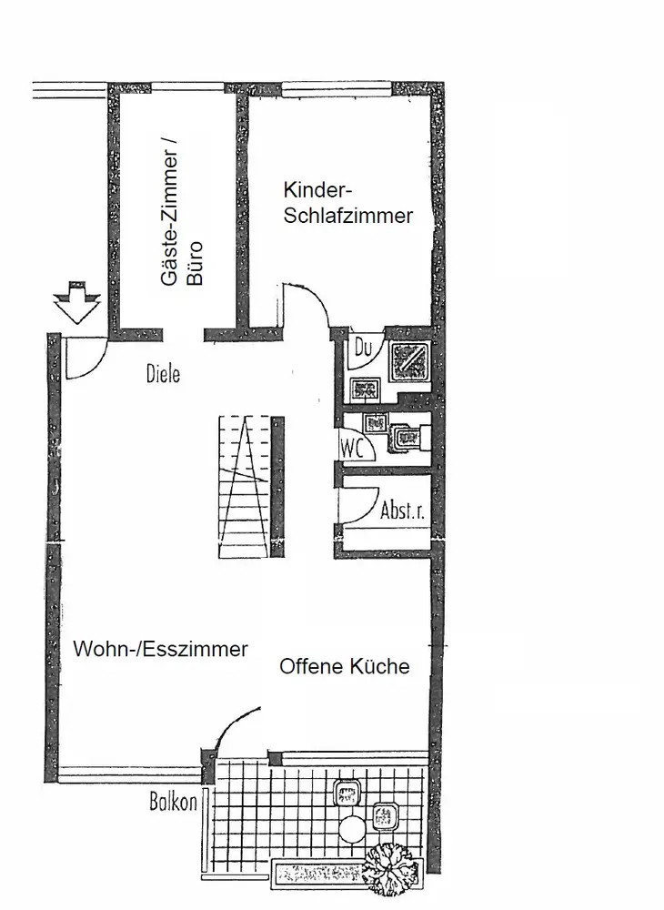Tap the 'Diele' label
pos(163,373)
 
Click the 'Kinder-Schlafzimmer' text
pos(348,203)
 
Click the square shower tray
pos(411,361)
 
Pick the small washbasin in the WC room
pos(375,422)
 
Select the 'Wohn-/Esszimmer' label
pos(161,650)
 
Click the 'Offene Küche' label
pos(344,666)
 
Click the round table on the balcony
pos(353,829)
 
